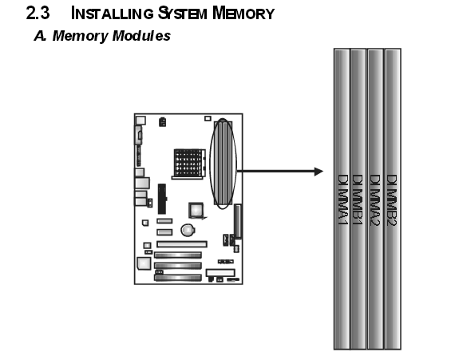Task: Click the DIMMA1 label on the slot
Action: tap(343, 200)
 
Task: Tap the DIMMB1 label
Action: tap(358, 200)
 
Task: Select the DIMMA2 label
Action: tap(375, 200)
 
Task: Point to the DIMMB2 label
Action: tap(392, 200)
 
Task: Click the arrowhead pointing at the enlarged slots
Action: tap(319, 172)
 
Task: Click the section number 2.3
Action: tap(38, 14)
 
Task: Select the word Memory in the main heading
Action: tap(243, 14)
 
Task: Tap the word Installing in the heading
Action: tap(112, 14)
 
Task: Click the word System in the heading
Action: tap(183, 14)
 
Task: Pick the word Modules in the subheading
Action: tap(141, 36)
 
